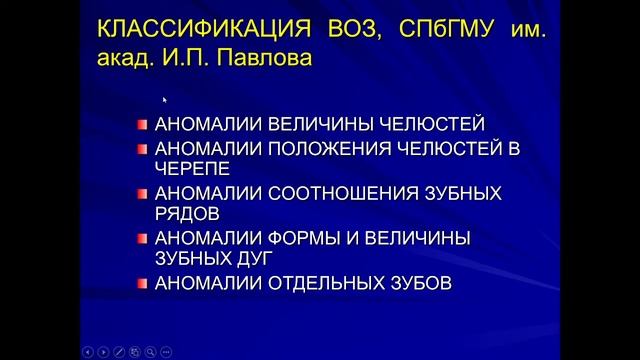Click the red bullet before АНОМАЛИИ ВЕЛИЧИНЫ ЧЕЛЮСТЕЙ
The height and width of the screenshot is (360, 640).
point(143,124)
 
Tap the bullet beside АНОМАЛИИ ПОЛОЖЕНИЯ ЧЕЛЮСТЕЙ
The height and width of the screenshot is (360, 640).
point(143,148)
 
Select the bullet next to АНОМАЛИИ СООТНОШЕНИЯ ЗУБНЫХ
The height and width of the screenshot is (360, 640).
point(143,193)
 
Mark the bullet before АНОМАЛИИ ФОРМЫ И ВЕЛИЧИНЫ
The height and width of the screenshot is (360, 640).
point(143,238)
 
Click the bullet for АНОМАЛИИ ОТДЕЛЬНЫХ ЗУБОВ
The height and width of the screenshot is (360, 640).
point(143,283)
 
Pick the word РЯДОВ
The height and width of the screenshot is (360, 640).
point(185,213)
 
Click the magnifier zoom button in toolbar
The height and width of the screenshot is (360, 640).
point(150,351)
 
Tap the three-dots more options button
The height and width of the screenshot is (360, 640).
point(166,351)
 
